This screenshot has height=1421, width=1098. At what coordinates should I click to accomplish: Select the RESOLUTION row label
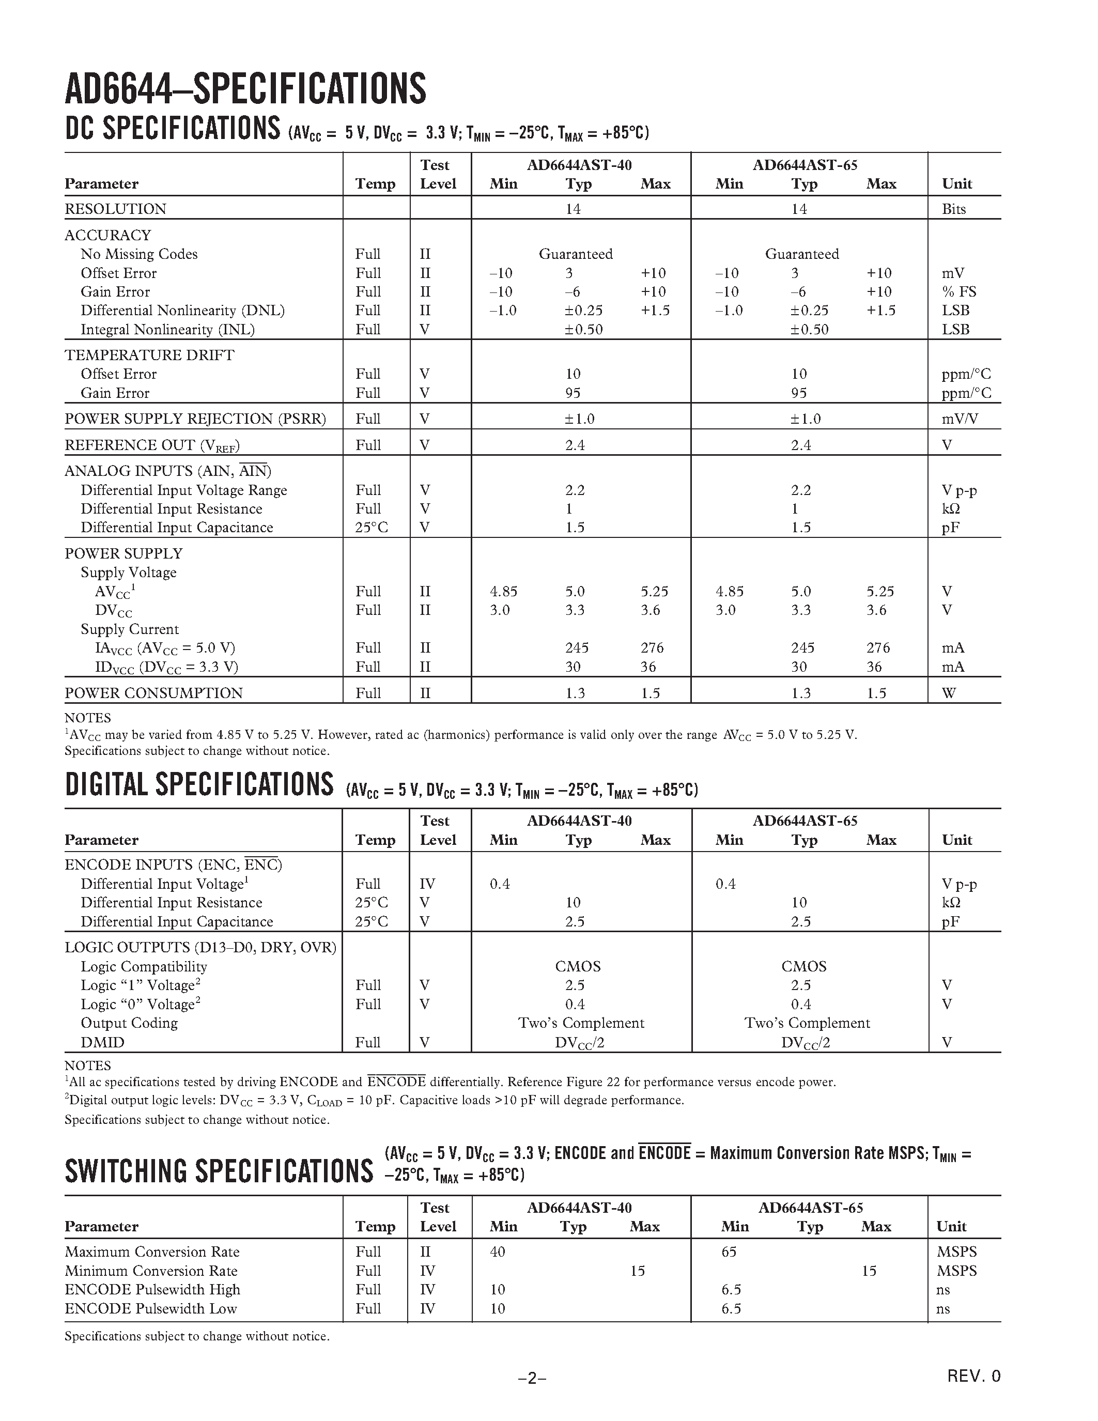(115, 209)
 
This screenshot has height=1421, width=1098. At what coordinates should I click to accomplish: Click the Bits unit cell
(954, 209)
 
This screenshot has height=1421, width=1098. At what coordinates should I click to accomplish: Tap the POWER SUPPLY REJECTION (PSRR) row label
(195, 419)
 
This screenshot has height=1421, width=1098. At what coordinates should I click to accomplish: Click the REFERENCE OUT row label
(152, 445)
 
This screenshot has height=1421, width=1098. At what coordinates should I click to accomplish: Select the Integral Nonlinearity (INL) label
(167, 329)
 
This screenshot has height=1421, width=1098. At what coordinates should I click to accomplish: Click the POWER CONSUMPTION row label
(153, 693)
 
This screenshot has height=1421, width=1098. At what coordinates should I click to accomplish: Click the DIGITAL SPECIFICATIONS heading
(199, 784)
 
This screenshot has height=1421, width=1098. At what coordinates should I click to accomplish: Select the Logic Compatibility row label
(144, 966)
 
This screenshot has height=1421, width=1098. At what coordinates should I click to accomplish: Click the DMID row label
(102, 1042)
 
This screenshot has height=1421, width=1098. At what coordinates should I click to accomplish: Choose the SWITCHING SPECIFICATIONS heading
(219, 1171)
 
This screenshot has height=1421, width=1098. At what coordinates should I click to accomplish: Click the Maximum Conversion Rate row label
(151, 1252)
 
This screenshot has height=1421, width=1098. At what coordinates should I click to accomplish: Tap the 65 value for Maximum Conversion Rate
(729, 1252)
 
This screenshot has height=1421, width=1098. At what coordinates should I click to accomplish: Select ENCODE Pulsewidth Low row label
(150, 1308)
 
